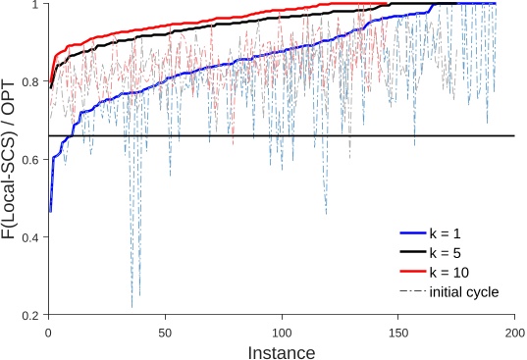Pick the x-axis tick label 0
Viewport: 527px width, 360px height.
point(48,332)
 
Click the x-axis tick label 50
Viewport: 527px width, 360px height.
point(165,332)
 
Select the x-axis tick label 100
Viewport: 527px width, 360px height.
point(282,332)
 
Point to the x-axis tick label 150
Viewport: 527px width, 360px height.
point(398,332)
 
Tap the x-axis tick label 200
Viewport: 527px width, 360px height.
point(514,332)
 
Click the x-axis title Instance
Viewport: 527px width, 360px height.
point(282,350)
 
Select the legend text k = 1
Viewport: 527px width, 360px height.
point(461,233)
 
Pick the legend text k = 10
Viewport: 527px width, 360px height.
point(465,272)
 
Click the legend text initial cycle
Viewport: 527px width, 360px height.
point(473,291)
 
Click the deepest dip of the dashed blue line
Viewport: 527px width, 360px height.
point(132,307)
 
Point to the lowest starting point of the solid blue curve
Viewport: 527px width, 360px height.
point(50,211)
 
